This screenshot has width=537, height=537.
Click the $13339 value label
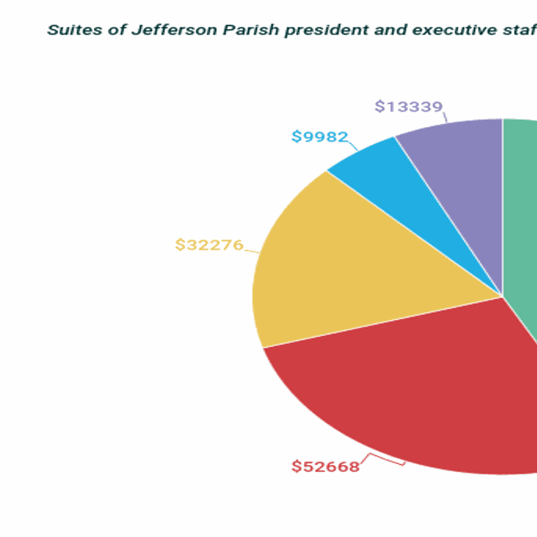click(x=408, y=106)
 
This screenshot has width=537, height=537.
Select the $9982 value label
click(x=319, y=137)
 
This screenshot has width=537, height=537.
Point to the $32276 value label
click(x=209, y=245)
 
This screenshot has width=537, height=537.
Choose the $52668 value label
click(x=325, y=467)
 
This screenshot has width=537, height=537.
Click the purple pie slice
click(x=457, y=168)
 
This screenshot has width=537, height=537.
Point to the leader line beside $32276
click(x=251, y=249)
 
